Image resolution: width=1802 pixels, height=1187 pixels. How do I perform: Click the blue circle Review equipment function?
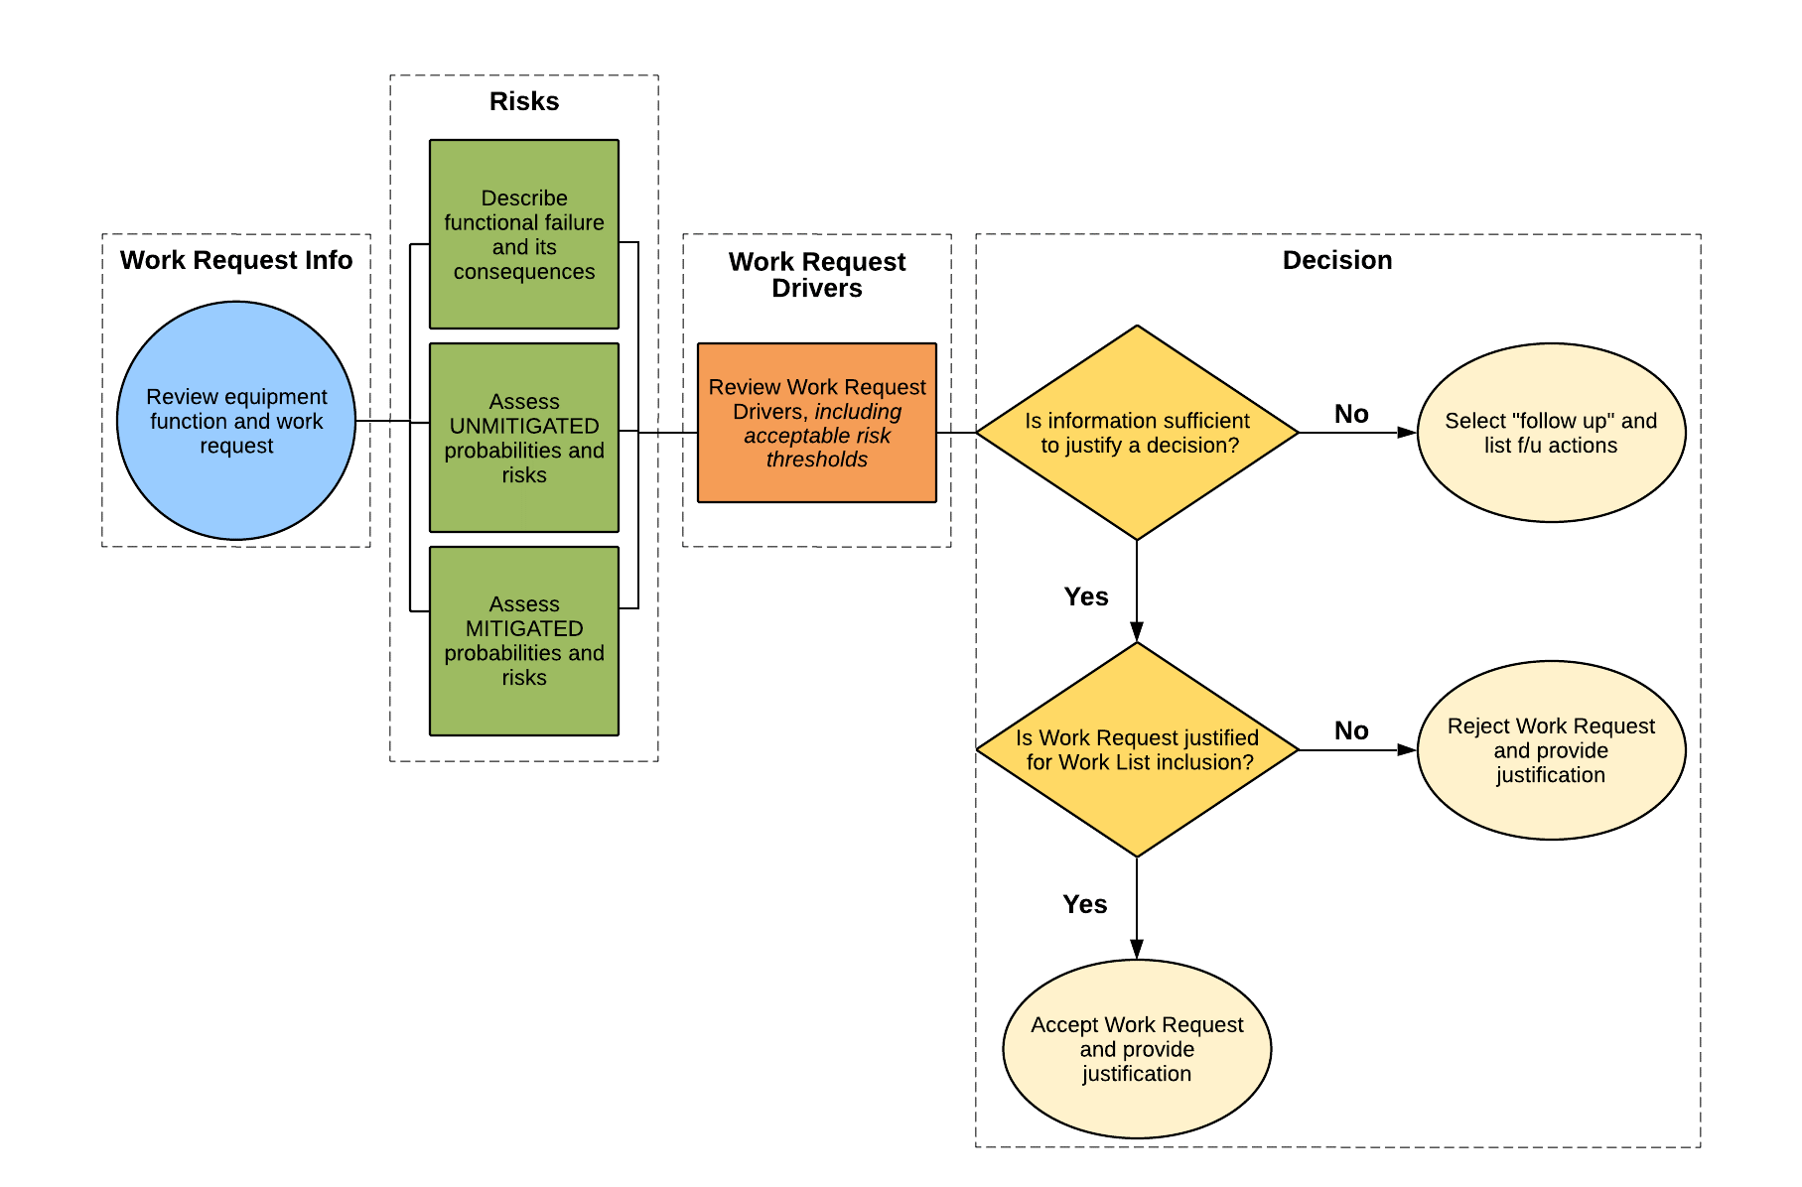236,421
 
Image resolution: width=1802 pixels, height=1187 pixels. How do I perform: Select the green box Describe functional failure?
524,234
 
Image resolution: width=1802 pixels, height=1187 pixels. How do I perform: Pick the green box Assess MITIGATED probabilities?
524,640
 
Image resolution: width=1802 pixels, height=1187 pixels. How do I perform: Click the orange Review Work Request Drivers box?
816,423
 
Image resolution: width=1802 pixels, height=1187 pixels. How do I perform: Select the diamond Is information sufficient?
1137,433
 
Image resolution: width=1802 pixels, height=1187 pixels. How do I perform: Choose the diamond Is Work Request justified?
1137,750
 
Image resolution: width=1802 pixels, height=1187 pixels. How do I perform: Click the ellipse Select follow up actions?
1551,433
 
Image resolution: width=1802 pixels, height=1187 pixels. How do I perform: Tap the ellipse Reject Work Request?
1551,750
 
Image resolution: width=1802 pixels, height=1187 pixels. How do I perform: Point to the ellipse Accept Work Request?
1137,1049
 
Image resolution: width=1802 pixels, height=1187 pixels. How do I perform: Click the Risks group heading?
524,101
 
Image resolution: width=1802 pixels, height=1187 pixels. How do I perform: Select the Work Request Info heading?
236,260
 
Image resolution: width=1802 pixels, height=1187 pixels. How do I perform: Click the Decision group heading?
1336,260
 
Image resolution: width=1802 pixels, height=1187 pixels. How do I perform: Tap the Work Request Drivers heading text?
816,275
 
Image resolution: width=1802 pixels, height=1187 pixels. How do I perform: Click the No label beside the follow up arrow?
1351,414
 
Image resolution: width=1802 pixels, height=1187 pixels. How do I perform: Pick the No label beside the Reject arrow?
1351,730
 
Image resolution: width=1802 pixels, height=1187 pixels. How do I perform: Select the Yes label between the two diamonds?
1085,596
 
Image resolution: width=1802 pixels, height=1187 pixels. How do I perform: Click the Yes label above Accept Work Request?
1084,904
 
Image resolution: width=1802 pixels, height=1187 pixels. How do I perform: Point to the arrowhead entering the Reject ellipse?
1407,750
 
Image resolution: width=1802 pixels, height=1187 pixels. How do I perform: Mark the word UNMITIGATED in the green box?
524,426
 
